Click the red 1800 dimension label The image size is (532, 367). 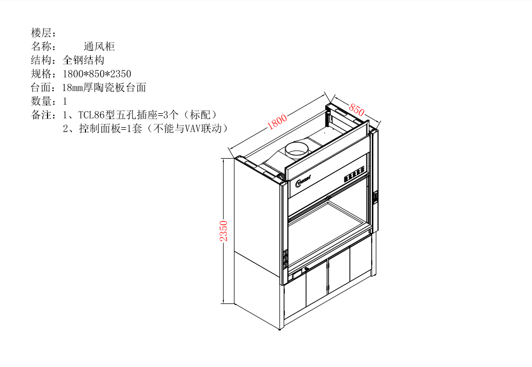pos(278,122)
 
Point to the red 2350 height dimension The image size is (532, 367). pos(225,231)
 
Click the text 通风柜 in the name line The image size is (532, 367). pos(99,46)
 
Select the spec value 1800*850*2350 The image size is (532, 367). pos(97,74)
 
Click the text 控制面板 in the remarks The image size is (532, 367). pos(95,128)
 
